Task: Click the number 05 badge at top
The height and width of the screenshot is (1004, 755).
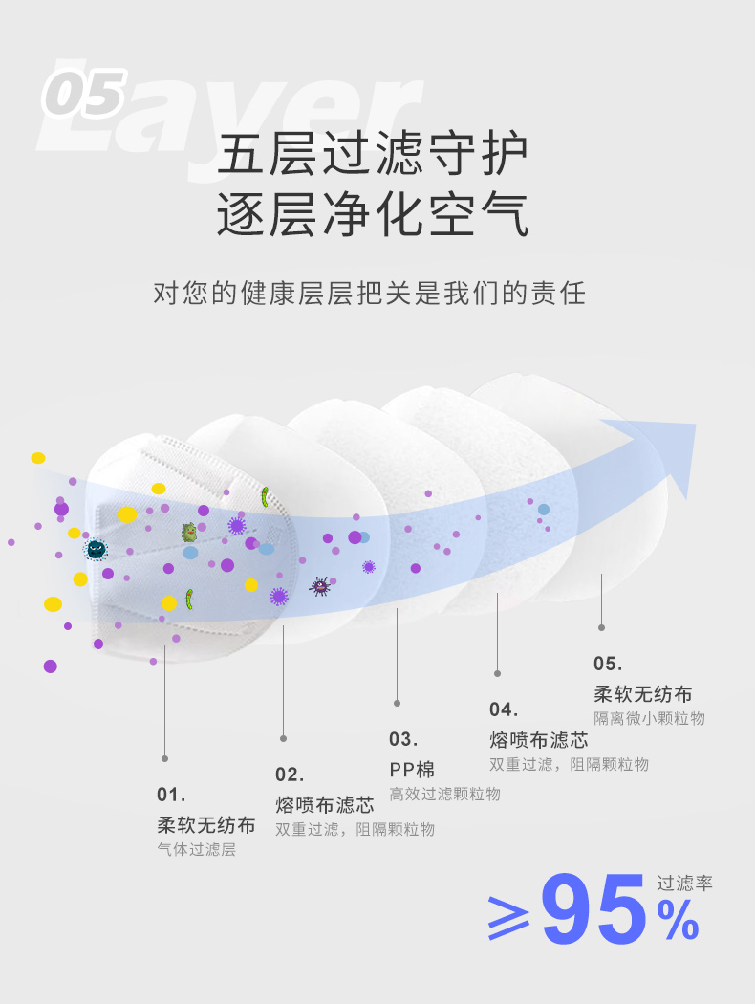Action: [x=84, y=94]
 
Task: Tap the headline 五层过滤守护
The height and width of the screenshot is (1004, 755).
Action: [x=373, y=154]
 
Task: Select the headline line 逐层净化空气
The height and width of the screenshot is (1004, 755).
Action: [x=373, y=214]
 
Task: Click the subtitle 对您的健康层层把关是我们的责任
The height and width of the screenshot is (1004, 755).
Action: [x=369, y=294]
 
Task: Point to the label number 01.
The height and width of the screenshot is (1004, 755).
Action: [x=171, y=795]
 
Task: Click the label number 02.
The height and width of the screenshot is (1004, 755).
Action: [x=290, y=775]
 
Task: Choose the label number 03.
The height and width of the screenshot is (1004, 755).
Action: [x=403, y=739]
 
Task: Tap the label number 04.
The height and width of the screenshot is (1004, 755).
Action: [x=504, y=709]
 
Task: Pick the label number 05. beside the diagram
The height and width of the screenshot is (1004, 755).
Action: [x=608, y=664]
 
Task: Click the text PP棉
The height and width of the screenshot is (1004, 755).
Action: [x=412, y=769]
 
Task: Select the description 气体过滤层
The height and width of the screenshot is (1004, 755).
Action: [x=197, y=850]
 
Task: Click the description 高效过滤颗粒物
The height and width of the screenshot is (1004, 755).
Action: [x=444, y=794]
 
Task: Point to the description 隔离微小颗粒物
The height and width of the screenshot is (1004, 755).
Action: [x=649, y=718]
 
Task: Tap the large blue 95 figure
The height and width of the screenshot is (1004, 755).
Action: [x=593, y=909]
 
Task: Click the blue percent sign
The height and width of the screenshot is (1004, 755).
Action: [x=678, y=920]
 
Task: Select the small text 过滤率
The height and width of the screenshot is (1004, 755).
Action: [x=684, y=884]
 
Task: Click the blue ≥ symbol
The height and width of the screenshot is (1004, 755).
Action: [x=508, y=918]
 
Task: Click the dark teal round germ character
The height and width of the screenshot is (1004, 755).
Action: [x=96, y=549]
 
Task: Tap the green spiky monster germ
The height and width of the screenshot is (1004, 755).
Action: [x=189, y=532]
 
